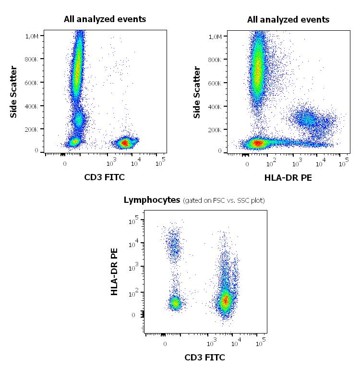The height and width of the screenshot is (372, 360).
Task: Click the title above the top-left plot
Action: tap(105, 19)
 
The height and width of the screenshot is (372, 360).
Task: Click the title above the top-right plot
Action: tap(288, 20)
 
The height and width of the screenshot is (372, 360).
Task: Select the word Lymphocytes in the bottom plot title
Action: tap(152, 199)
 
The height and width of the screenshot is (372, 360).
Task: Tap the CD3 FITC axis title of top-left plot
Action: tap(104, 177)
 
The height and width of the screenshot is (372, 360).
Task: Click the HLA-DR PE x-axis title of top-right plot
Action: tap(288, 178)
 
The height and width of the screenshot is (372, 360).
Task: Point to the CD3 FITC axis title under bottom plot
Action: tap(205, 357)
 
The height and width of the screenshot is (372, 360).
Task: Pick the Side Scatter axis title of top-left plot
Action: tap(14, 92)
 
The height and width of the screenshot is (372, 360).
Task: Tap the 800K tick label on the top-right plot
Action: tap(216, 60)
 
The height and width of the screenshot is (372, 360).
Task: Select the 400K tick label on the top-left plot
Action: tap(32, 106)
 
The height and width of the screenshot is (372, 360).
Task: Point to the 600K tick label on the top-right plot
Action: tap(216, 83)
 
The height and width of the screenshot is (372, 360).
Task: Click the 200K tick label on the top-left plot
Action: tap(32, 130)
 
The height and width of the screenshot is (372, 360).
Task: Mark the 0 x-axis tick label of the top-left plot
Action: tap(65, 164)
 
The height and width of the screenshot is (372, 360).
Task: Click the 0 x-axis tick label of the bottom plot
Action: tap(165, 344)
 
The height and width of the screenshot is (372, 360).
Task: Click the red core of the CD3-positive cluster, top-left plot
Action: tap(125, 142)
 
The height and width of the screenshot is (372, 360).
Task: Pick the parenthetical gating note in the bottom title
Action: tap(224, 200)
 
